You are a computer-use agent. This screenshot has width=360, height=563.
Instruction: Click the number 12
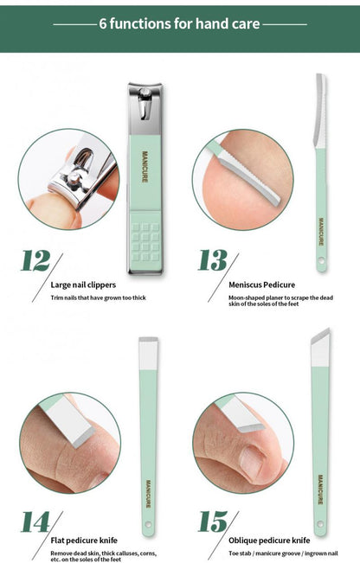pyautogui.click(x=36, y=260)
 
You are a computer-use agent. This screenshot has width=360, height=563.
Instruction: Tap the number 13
pyautogui.click(x=213, y=260)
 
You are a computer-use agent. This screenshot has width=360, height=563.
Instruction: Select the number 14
pyautogui.click(x=36, y=522)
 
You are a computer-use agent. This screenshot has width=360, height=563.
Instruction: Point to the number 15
pyautogui.click(x=213, y=522)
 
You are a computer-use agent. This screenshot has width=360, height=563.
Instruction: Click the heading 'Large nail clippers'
pyautogui.click(x=84, y=284)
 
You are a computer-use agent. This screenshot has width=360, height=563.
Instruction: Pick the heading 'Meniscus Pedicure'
pyautogui.click(x=261, y=284)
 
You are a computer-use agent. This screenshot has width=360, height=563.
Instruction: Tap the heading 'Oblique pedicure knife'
pyautogui.click(x=268, y=540)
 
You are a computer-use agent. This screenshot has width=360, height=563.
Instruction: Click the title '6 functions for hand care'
pyautogui.click(x=179, y=23)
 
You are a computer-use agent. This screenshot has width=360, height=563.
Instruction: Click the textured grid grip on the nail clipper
pyautogui.click(x=145, y=235)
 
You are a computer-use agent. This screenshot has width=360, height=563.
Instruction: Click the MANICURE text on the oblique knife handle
pyautogui.click(x=321, y=489)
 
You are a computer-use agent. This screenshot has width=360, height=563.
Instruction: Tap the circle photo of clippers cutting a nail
pyautogui.click(x=68, y=179)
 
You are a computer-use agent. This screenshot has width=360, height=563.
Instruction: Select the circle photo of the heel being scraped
pyautogui.click(x=241, y=179)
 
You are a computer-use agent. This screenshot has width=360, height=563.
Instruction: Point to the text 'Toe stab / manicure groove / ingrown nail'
pyautogui.click(x=283, y=553)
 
